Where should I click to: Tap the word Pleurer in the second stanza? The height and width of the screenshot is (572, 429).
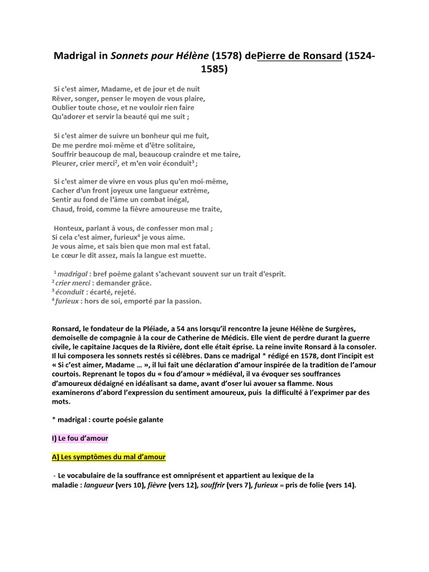[x=64, y=164]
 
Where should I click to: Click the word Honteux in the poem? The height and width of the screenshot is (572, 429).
[x=69, y=228]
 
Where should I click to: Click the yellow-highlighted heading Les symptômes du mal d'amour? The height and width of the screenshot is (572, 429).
[x=112, y=457]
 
